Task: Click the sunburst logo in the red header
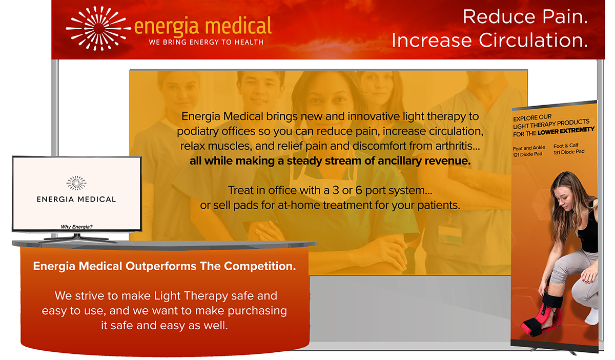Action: tap(98, 29)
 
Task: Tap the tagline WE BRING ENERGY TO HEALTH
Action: tap(206, 42)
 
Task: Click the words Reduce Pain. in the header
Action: tap(525, 16)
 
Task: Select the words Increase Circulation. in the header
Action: tap(489, 40)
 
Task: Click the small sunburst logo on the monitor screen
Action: tap(76, 183)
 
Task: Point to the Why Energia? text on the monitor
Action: tap(76, 227)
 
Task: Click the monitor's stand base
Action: tap(77, 238)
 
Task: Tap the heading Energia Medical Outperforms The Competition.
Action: tap(165, 266)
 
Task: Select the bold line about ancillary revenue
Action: tap(330, 161)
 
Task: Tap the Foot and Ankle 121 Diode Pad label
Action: tap(529, 151)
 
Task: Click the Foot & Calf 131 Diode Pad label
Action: tap(569, 149)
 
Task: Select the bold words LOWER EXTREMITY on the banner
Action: tap(566, 131)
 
